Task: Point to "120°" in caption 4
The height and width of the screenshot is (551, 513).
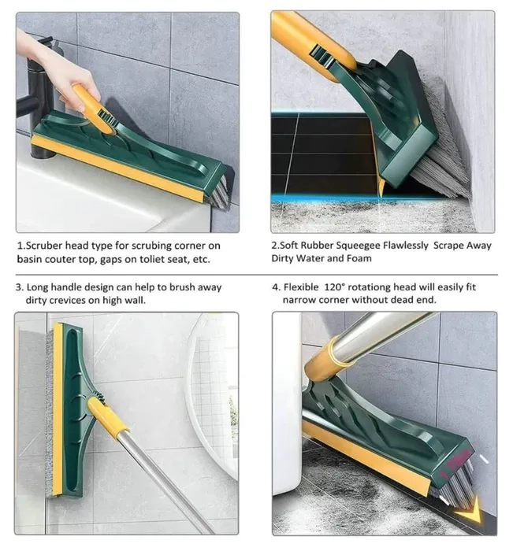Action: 333,287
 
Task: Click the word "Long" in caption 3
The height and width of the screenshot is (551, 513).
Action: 37,288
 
